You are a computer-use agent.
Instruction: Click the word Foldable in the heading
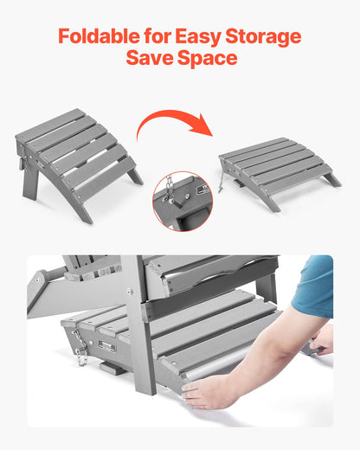click(96, 37)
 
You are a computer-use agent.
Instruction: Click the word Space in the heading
click(208, 60)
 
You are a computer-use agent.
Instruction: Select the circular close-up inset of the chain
click(182, 201)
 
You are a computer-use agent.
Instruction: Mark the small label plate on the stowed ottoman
click(107, 346)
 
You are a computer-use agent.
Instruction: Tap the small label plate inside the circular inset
click(200, 188)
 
